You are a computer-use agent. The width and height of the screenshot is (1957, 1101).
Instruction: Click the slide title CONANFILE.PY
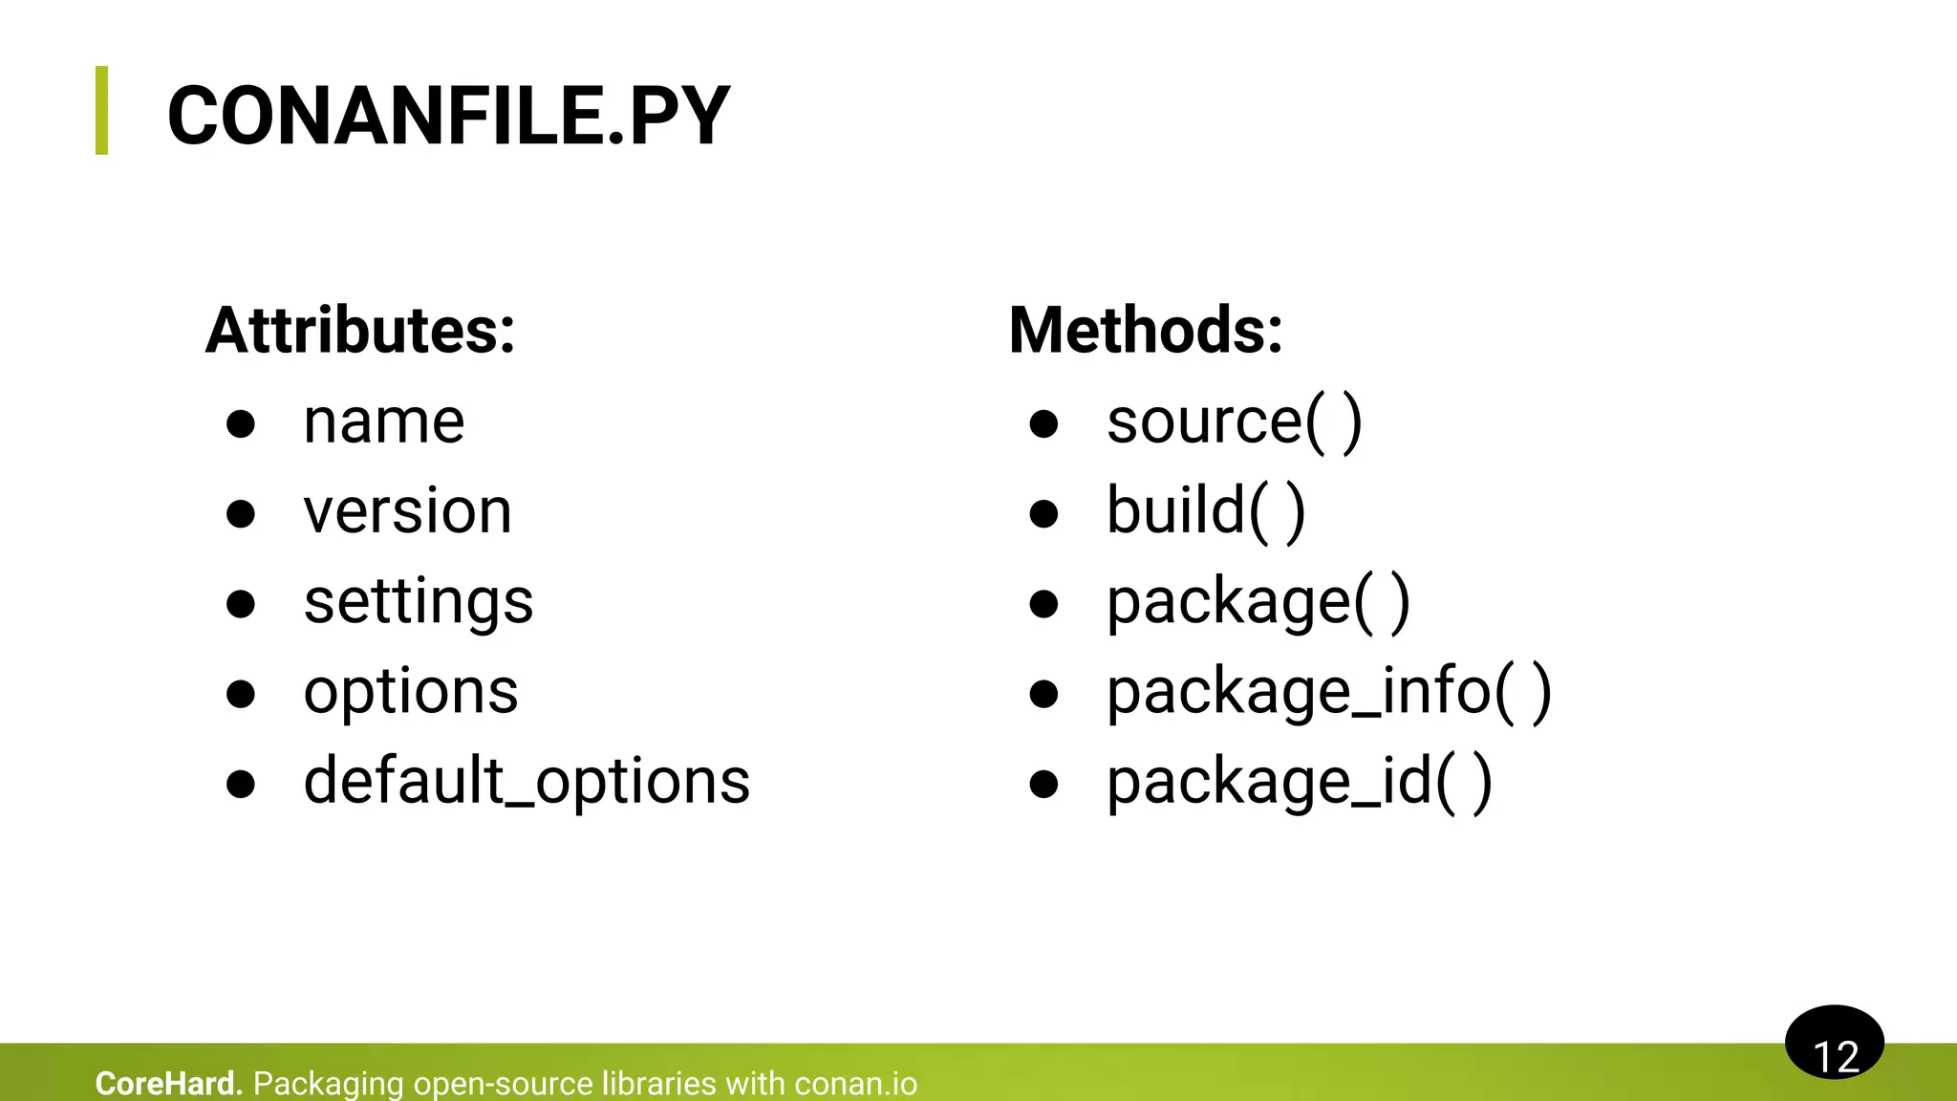pos(448,117)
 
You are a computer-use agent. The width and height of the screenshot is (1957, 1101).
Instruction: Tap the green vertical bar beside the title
pos(101,110)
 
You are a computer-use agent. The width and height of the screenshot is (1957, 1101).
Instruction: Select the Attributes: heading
pos(360,331)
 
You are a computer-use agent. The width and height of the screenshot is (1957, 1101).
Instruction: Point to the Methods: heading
pos(1145,331)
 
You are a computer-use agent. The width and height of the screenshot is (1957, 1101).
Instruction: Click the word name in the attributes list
pos(383,421)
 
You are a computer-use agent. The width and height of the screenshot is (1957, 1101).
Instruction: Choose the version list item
pos(407,511)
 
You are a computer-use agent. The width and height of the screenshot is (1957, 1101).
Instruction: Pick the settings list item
pos(418,602)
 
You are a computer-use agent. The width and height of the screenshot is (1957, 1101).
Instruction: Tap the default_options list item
pos(526,782)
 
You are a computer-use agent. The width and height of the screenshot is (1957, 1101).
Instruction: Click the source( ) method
pos(1234,421)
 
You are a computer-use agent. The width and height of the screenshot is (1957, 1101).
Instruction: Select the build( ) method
pos(1205,511)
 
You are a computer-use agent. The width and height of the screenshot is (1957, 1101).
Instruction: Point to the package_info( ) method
pos(1328,692)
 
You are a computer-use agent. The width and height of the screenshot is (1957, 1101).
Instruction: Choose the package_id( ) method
pos(1299,782)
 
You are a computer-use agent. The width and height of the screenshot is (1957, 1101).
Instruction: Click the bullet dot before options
pos(241,694)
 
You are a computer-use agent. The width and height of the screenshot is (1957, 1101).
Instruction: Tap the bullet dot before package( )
pos(1043,604)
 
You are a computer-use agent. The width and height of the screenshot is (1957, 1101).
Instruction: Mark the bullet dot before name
pos(241,423)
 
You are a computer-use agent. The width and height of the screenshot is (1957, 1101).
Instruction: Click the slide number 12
pos(1835,1055)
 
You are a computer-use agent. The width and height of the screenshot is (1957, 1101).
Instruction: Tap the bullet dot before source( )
pos(1043,423)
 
